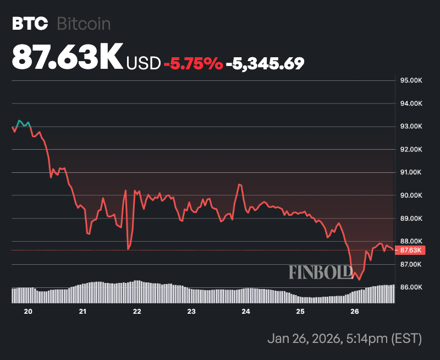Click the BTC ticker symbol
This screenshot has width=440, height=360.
(x=27, y=24)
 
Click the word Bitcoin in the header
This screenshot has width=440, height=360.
(x=84, y=24)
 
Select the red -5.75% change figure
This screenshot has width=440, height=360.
(x=193, y=63)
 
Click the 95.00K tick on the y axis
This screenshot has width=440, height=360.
(x=411, y=80)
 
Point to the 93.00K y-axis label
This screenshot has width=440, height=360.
(x=411, y=127)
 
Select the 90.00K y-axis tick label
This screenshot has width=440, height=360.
(x=411, y=195)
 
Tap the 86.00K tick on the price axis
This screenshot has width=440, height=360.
(x=411, y=287)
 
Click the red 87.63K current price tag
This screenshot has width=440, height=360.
(x=411, y=250)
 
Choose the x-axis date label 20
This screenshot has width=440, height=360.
(x=29, y=312)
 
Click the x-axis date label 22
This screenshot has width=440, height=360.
(x=137, y=312)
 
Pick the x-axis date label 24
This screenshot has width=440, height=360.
(x=246, y=312)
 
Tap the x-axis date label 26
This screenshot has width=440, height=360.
(x=354, y=312)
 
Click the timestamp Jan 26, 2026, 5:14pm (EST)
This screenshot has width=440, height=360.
(x=345, y=338)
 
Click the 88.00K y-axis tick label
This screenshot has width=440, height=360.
(x=411, y=241)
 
